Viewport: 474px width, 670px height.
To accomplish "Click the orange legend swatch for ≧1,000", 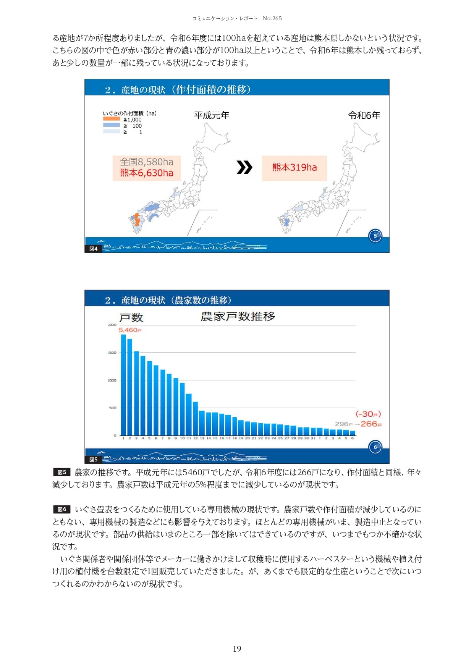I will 112,119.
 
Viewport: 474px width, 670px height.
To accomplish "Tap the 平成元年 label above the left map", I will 212,115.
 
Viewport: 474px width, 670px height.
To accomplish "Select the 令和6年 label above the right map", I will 364,115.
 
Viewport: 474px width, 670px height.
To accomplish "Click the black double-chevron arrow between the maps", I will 244,167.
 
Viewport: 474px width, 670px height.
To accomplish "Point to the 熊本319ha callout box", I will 294,168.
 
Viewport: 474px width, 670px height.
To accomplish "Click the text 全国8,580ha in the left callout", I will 147,162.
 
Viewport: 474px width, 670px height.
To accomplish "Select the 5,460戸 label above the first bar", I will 130,330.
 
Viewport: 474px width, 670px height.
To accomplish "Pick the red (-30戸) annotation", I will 368,414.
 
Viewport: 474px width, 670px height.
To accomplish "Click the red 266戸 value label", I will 371,424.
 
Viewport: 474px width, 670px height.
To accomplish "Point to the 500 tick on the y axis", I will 112,408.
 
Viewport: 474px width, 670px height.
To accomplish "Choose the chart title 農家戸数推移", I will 238,317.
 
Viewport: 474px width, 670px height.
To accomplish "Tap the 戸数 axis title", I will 131,318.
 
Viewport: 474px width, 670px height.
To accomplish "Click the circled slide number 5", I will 375,236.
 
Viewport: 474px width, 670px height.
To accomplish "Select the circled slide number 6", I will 375,447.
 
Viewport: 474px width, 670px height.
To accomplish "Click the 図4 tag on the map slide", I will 93,249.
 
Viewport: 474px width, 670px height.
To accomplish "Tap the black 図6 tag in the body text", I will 62,509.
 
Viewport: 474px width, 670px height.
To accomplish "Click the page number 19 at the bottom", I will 237,649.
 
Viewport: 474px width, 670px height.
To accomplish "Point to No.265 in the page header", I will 272,18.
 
